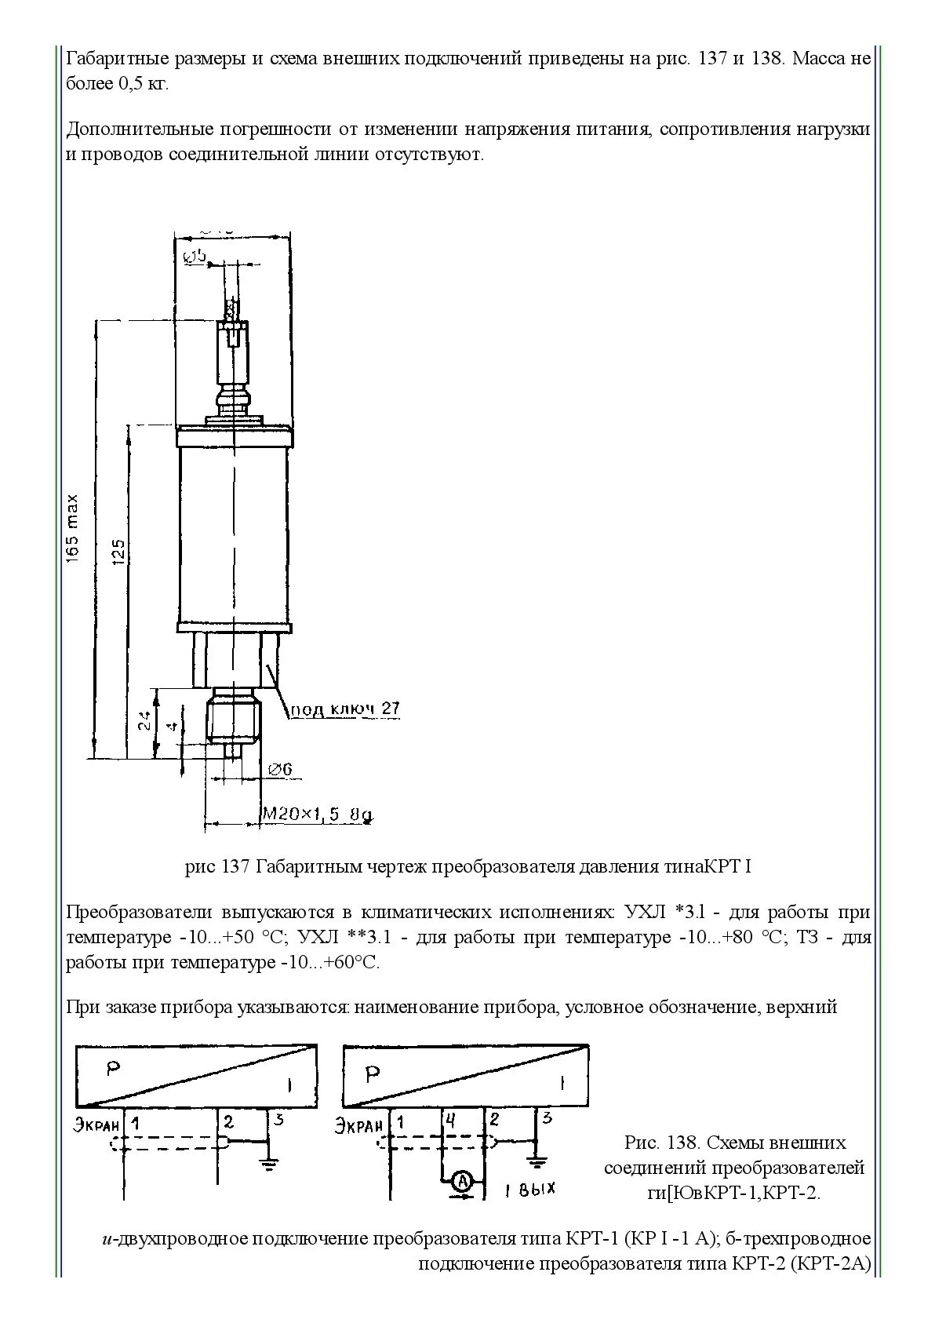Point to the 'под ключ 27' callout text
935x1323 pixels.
(345, 709)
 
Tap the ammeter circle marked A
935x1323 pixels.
(463, 1180)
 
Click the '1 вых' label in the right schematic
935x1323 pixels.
(530, 1190)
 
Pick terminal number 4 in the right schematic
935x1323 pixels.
(450, 1121)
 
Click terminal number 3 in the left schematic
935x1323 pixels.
(278, 1119)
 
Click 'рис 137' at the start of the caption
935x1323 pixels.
(217, 866)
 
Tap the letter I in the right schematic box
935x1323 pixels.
(561, 1084)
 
